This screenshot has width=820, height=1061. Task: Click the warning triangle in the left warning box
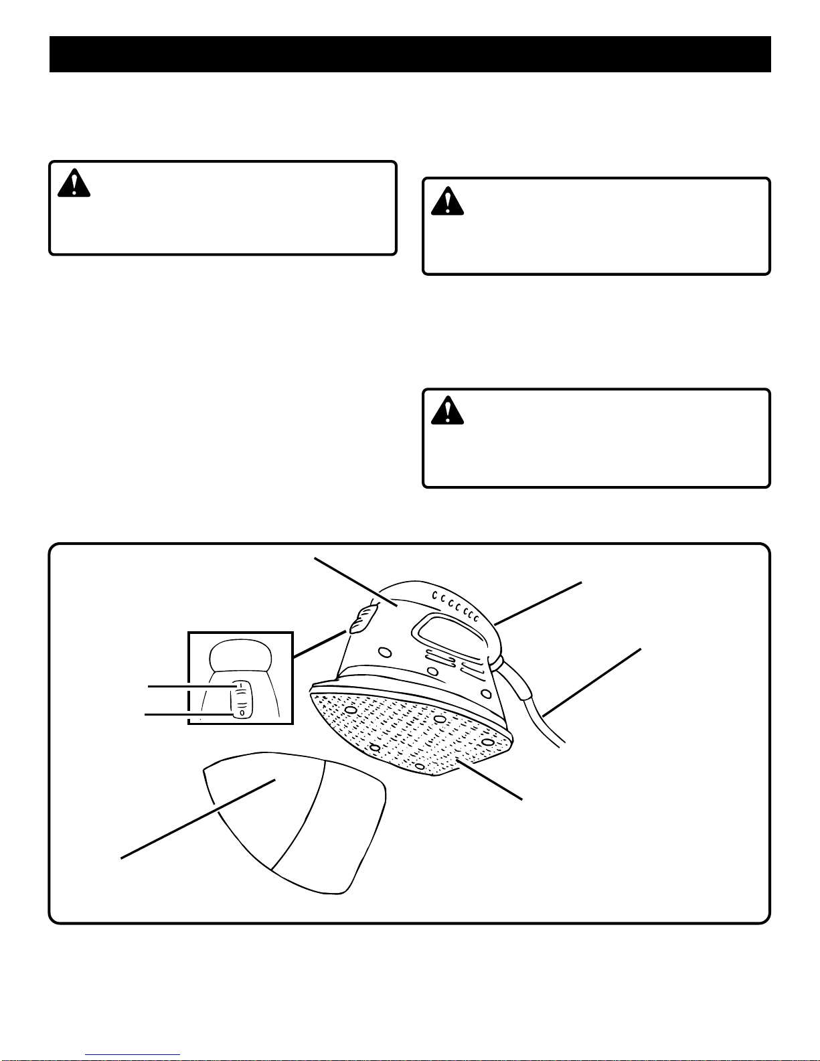pos(74,183)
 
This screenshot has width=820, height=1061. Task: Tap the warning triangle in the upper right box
pos(447,200)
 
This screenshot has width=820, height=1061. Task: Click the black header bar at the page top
pos(410,54)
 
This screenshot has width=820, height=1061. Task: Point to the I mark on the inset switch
pos(240,686)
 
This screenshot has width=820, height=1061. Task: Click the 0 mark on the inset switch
pos(242,713)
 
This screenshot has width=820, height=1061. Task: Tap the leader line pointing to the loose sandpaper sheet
pos(197,819)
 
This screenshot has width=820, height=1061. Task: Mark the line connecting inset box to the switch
pos(320,644)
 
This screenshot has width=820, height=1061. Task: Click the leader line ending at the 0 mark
pos(189,715)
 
